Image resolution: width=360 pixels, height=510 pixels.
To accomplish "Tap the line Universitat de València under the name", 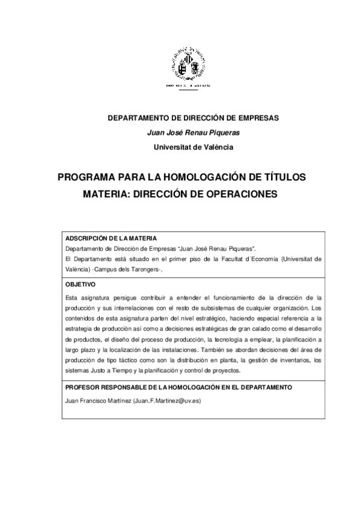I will pos(193,147).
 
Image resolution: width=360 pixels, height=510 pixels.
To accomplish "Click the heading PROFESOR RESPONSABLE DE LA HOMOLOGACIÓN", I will pos(178,387).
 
